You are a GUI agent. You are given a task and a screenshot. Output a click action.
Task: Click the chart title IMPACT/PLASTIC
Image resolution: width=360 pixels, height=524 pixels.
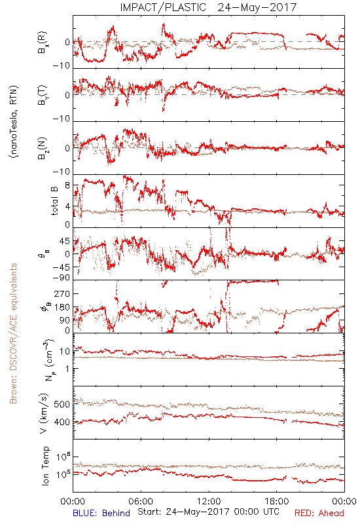pos(163,7)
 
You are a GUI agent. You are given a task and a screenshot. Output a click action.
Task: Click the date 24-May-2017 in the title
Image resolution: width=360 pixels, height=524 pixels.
pos(257,7)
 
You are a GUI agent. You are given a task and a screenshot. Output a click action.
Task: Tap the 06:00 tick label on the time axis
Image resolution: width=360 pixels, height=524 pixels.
pos(141,501)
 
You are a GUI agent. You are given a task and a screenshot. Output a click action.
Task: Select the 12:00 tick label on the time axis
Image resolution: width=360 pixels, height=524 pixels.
pos(209,501)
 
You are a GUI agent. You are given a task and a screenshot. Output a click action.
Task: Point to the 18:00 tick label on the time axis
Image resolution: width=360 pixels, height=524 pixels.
pos(277,501)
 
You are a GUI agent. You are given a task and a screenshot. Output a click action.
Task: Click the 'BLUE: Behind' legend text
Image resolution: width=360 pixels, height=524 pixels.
pos(101,513)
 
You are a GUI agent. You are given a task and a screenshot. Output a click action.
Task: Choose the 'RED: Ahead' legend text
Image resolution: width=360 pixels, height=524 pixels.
pos(319,513)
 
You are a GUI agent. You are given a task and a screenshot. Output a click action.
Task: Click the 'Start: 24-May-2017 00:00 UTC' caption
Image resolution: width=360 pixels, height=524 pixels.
pos(208,512)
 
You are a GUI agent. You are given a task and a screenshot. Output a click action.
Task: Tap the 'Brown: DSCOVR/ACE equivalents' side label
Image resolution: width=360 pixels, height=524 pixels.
pos(13,333)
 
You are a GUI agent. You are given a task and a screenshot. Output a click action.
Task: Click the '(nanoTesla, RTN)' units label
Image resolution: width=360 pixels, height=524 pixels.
pos(14,122)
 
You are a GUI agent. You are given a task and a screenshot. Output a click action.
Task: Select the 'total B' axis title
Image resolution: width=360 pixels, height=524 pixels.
pos(54,200)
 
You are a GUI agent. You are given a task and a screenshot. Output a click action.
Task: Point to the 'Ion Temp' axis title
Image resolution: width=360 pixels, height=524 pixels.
pos(45,466)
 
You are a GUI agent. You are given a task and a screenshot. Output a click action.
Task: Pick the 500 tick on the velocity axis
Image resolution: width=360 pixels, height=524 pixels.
pos(62,404)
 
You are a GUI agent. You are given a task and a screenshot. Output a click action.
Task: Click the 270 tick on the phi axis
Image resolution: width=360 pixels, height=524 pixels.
pos(62,294)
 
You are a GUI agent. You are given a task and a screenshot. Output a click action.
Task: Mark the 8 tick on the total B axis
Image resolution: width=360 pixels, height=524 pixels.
pos(67,185)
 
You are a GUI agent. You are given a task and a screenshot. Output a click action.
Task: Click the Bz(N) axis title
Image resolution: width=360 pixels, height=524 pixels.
pos(43,148)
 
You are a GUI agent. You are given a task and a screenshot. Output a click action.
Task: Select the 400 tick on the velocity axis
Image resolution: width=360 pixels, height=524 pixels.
pos(62,422)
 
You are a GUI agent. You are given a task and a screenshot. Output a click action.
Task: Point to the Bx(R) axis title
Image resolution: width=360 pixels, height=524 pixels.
pos(43,42)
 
